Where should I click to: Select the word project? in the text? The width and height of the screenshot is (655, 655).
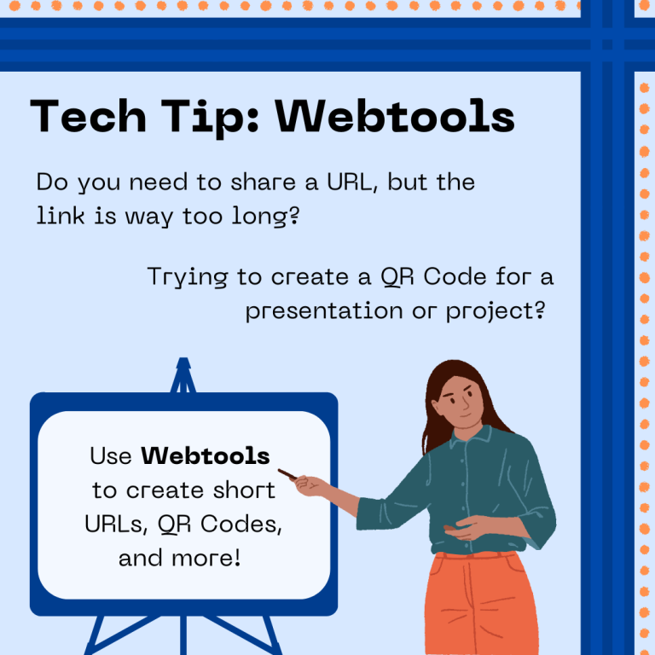tap(496, 310)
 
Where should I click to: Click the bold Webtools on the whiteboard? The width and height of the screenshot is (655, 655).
tap(206, 456)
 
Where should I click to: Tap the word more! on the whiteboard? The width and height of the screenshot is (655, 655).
tap(208, 559)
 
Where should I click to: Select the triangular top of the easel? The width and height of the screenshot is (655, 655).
tap(183, 375)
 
